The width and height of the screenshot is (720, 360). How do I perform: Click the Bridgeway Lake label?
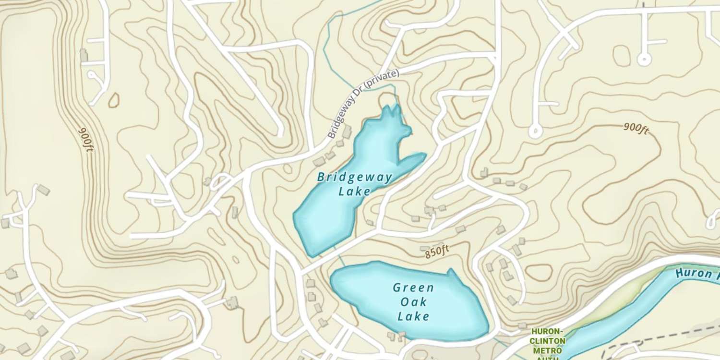coord(355,184)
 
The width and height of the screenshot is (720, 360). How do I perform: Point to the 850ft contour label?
coord(437,252)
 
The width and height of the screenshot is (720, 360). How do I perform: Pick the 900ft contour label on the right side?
coord(636,128)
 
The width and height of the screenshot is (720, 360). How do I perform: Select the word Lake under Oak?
coord(413,316)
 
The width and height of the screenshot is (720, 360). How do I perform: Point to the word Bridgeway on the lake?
coord(355,178)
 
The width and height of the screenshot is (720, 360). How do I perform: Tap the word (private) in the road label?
coord(382,80)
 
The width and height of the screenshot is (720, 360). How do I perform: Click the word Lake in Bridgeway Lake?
coord(355,192)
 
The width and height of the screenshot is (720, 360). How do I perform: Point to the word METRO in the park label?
coord(548,349)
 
